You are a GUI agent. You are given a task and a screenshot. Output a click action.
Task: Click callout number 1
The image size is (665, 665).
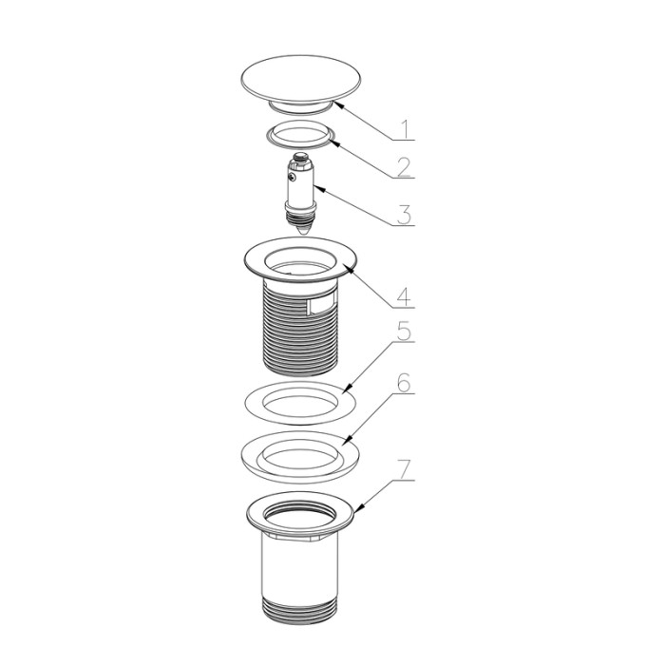[x=406, y=129]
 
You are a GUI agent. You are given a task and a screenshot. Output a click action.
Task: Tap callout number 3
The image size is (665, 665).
[x=404, y=214]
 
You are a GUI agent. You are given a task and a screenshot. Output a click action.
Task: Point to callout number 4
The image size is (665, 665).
[x=404, y=296]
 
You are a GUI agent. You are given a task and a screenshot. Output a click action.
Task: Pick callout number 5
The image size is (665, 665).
[x=405, y=331]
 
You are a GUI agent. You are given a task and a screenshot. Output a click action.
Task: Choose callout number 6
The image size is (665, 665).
[x=404, y=383]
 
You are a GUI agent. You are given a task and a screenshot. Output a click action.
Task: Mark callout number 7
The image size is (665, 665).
[x=404, y=470]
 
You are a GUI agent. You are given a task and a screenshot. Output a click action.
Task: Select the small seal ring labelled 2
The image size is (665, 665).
[x=301, y=135]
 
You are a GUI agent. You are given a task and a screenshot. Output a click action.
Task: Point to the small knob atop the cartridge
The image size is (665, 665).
[x=301, y=156]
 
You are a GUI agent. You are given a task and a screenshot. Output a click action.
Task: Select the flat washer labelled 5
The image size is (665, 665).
[x=300, y=403]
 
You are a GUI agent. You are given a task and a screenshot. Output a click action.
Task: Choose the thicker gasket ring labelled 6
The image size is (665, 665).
[x=300, y=457]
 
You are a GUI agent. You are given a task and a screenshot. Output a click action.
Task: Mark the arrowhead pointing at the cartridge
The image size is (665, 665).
[x=316, y=188]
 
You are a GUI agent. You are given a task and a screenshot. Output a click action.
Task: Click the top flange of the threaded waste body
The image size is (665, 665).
[x=300, y=259]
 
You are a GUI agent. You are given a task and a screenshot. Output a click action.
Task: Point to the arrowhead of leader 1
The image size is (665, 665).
[x=337, y=103]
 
